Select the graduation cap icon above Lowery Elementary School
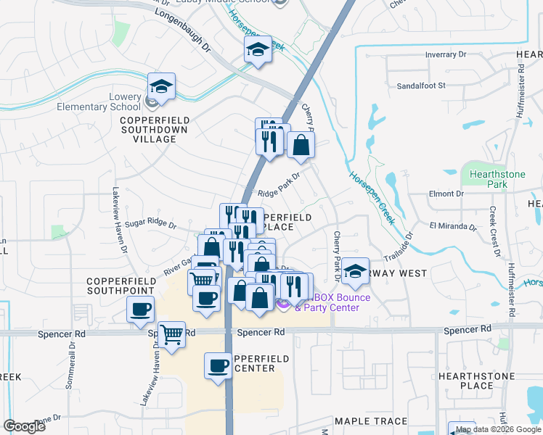pos(161,88)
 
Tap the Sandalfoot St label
pos(420,85)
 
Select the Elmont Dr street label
pos(446,194)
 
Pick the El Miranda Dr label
pos(453,226)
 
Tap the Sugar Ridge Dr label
pos(152,225)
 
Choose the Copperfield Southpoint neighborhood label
pos(121,285)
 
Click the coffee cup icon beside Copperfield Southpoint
pos(140,310)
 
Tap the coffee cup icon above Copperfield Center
pos(217,365)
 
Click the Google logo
pos(24,426)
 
